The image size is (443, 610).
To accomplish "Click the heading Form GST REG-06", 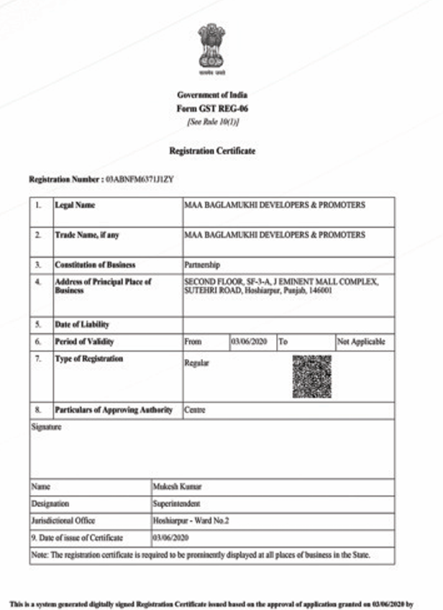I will tap(211, 108).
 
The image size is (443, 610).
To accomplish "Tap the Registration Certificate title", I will tap(211, 151).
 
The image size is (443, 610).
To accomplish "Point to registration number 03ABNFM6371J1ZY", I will tap(140, 178).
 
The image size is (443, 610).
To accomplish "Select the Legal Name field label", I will tap(75, 205).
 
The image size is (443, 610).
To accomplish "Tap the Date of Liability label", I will tap(82, 325).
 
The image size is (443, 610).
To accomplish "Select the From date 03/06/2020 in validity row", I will tap(250, 342).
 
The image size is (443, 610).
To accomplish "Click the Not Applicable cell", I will tap(361, 342).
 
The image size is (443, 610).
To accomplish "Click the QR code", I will tap(312, 376).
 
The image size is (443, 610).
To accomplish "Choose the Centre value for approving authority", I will tap(195, 410).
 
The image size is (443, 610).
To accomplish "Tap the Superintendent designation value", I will tap(177, 504).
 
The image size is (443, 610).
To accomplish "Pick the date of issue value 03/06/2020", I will tap(170, 537).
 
